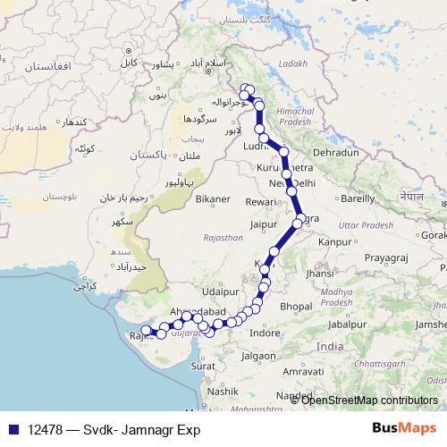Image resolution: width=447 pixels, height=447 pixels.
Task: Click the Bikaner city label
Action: tap(213, 197)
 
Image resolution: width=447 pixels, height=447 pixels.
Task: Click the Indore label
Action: tap(264, 333)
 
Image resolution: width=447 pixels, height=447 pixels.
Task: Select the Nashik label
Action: tap(223, 391)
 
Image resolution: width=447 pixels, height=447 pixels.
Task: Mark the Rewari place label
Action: tap(260, 202)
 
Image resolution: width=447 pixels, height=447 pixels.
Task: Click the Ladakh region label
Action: tap(292, 64)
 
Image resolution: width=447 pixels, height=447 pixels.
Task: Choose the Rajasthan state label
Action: tap(223, 238)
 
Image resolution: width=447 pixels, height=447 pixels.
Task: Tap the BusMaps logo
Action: tap(403, 426)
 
